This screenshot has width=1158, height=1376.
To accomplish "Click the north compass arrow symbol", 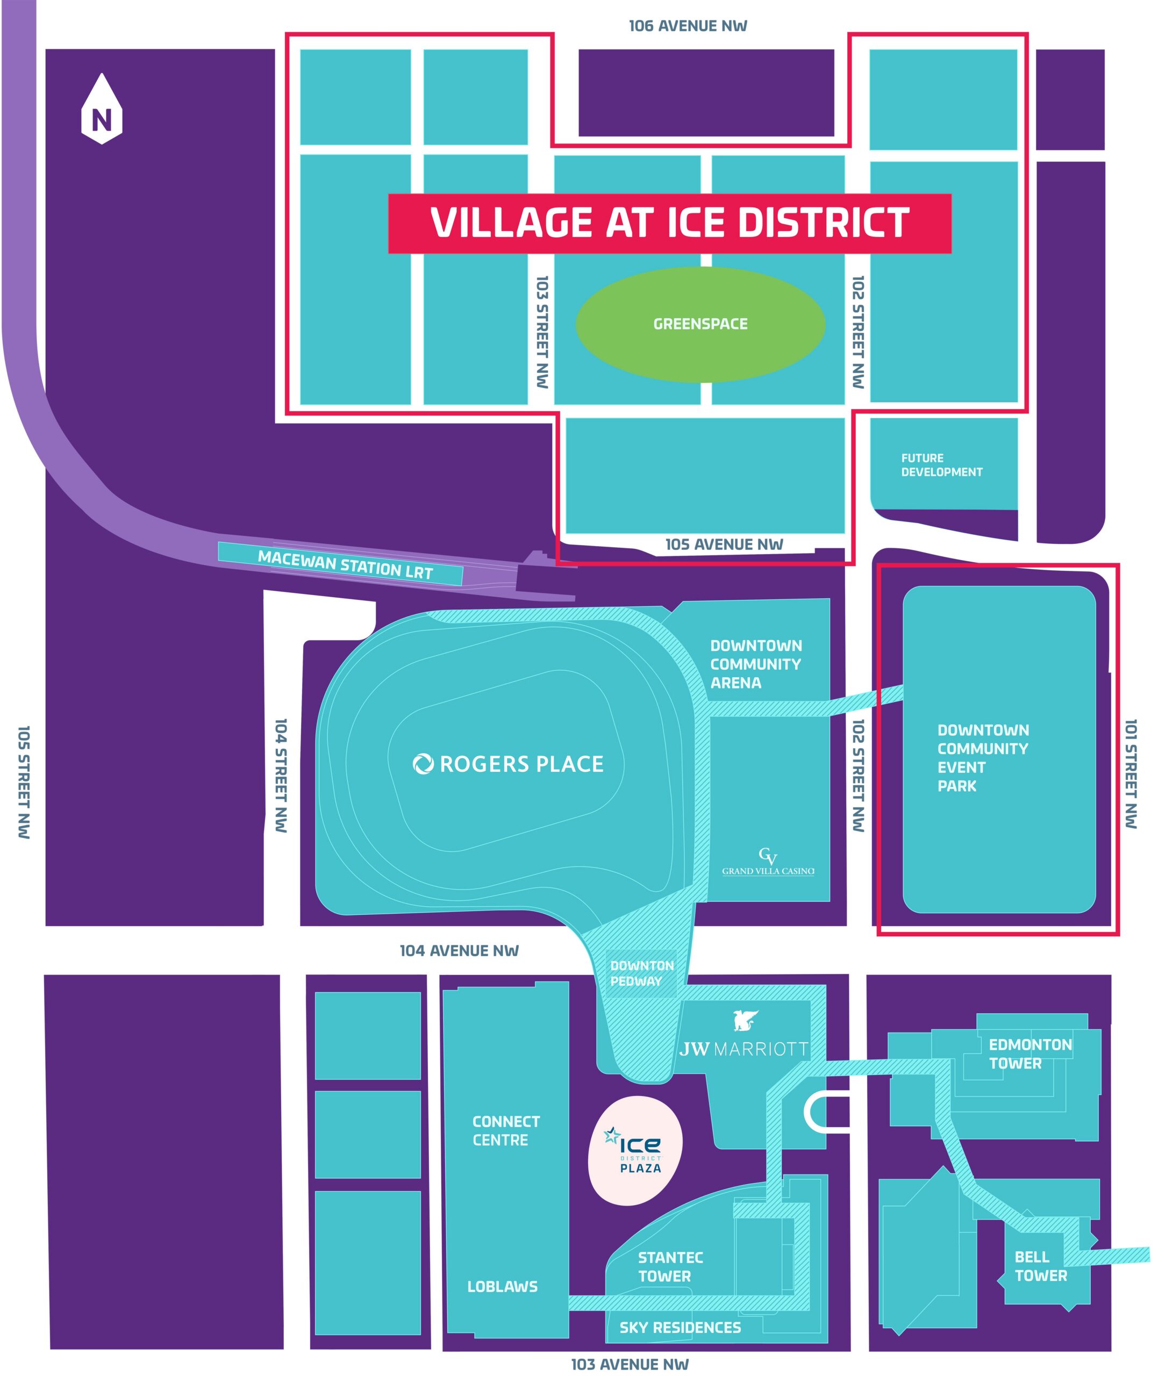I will (102, 110).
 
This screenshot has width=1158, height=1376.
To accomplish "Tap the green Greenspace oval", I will (700, 324).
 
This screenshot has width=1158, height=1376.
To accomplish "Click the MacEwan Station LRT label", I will (345, 565).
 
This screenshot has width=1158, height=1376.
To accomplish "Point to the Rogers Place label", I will (508, 764).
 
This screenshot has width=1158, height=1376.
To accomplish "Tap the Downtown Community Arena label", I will (755, 664).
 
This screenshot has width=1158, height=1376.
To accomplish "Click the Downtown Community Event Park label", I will (982, 758).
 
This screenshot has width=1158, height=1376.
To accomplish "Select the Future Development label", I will (941, 465).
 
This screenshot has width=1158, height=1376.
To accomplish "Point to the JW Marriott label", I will (744, 1049).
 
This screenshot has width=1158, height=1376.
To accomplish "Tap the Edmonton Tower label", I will (1030, 1054).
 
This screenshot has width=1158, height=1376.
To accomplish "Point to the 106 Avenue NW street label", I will (688, 26).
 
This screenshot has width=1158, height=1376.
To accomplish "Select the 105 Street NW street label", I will (24, 782).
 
